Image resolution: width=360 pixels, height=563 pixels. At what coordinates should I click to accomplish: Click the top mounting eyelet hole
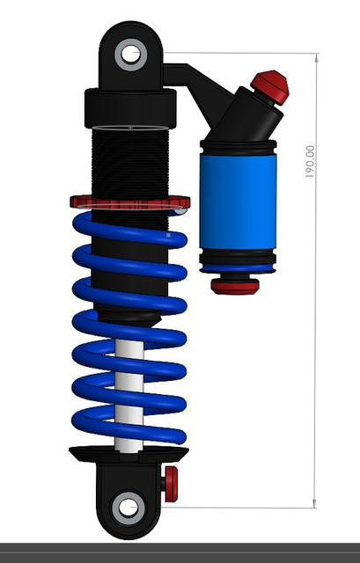pos(131,54)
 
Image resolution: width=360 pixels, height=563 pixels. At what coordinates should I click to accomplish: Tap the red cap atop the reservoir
pos(271,87)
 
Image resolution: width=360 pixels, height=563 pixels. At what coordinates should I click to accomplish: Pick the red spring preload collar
pos(127,202)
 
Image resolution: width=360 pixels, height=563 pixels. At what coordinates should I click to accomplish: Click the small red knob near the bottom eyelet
pos(172,481)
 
